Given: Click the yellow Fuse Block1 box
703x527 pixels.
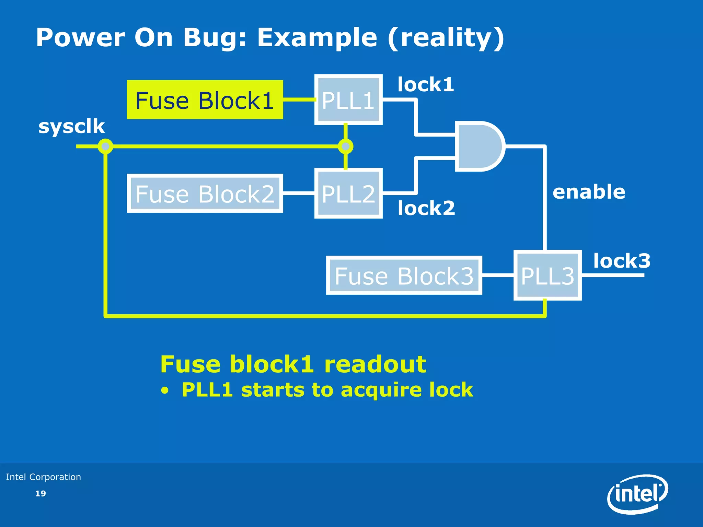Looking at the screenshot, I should [205, 100].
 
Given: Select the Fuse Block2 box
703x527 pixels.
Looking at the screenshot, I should [205, 194].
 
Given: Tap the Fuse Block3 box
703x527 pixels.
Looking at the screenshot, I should [404, 276].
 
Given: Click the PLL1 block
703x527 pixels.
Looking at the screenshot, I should [348, 100].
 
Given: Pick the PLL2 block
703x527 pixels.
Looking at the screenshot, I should [348, 194].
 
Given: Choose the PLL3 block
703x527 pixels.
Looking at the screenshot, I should [548, 276].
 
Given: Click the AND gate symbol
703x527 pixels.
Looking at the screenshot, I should [479, 147].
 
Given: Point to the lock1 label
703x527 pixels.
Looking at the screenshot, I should [426, 84].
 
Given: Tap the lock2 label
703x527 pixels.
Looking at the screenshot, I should [426, 208].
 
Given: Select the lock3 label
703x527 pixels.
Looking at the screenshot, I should [622, 261].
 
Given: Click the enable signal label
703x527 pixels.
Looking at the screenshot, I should [589, 192].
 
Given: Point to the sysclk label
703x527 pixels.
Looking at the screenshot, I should [71, 127].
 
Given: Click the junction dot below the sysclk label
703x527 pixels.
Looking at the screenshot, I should [105, 147].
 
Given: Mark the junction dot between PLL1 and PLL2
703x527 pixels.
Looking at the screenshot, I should [346, 147].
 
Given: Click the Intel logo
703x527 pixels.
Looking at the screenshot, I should [638, 494].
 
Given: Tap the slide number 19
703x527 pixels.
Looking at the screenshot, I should [41, 493].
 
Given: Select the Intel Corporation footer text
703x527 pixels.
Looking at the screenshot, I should [44, 477].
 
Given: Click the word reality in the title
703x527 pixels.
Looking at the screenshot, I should [446, 38].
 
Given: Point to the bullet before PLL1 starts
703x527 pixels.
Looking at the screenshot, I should [165, 391].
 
